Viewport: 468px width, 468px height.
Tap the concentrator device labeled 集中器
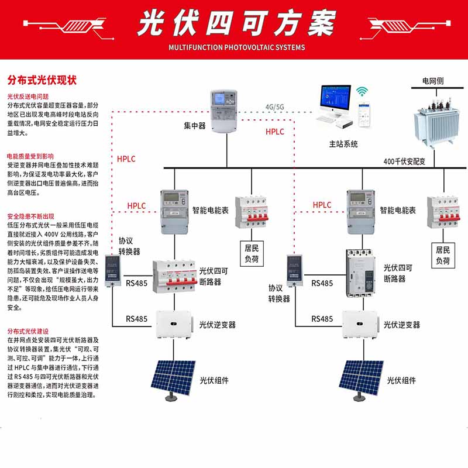(x=224, y=111)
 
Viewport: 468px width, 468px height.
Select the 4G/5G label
(x=274, y=107)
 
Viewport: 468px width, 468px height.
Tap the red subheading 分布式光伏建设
(x=28, y=331)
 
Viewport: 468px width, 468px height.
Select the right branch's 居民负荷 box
(x=443, y=255)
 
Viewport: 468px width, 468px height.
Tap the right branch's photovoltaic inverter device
(x=361, y=324)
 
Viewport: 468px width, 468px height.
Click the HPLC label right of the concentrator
(x=274, y=132)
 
